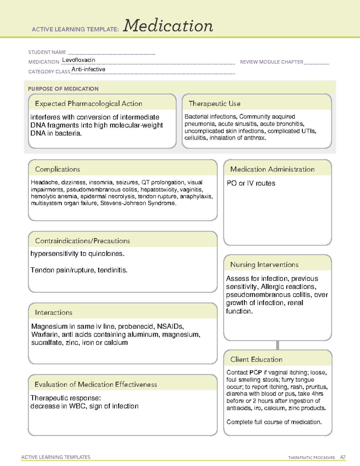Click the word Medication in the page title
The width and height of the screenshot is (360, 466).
point(168,26)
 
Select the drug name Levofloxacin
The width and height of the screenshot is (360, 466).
point(79,60)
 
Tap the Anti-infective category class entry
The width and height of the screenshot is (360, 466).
point(88,69)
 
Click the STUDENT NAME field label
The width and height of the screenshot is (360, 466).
point(47,52)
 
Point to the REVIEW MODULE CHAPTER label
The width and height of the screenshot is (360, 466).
point(271,62)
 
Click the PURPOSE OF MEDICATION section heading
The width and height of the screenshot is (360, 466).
point(63,89)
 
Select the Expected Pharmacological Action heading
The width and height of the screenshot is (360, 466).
point(88,104)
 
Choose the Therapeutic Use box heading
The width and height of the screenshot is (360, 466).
point(214,104)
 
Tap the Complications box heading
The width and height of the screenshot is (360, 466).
point(58,169)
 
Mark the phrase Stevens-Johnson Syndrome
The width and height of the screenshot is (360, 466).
point(138,203)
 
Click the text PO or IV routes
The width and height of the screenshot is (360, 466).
point(251,183)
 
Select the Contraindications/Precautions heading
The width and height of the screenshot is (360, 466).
point(82,241)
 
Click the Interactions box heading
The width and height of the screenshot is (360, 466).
point(54,313)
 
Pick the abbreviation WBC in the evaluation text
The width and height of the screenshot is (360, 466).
point(77,406)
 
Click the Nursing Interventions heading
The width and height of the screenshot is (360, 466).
point(264,265)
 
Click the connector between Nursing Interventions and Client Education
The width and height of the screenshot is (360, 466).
point(277,345)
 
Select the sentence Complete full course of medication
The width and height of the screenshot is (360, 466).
point(274,422)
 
